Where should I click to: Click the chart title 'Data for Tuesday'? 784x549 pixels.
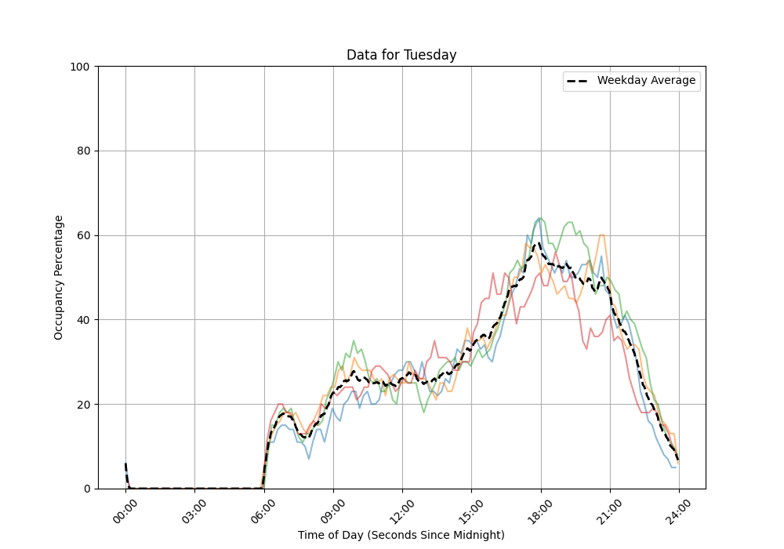(401, 55)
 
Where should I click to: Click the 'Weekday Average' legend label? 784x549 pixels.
(646, 81)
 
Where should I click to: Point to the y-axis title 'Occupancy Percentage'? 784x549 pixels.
(59, 277)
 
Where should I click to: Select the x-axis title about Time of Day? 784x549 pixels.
(401, 535)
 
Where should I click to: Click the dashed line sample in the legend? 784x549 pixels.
(579, 81)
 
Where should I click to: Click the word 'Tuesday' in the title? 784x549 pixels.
(430, 55)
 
